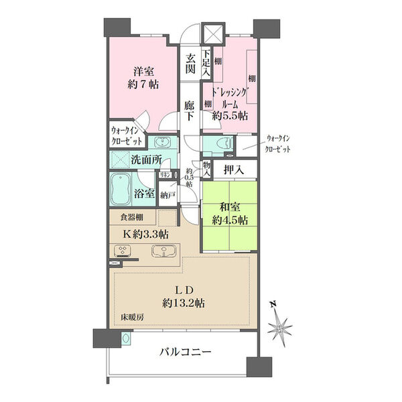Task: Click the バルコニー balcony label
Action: coord(185,352)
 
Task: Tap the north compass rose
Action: coord(281,326)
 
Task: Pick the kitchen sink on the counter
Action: coord(164,252)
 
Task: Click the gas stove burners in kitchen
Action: coord(124,251)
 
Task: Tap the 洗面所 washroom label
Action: coord(145,160)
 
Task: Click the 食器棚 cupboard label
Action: coord(131,217)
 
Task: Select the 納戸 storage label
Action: coord(167,195)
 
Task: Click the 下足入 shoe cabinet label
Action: coord(206,62)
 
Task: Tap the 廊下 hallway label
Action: coord(190,111)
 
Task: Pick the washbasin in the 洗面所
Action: coord(161,142)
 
